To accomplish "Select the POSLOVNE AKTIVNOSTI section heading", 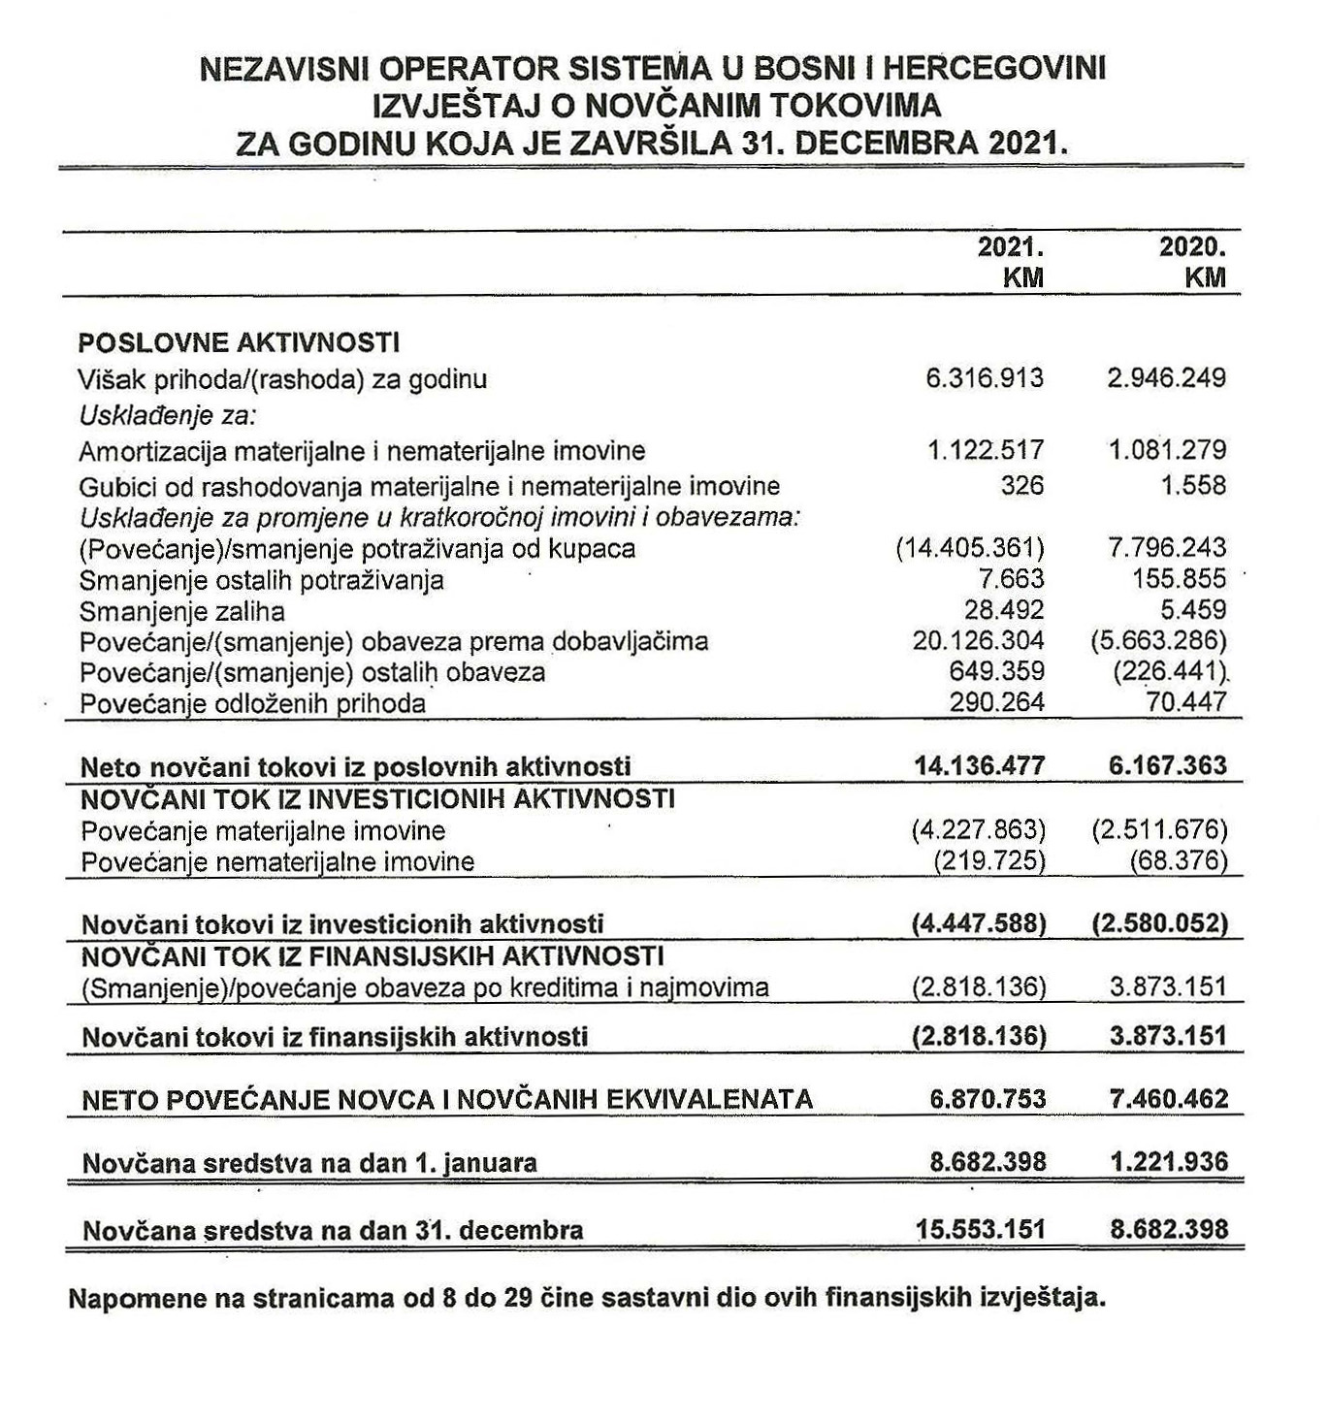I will (x=238, y=342).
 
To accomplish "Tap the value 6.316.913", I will (x=985, y=378).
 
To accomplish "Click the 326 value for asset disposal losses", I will (x=1022, y=484).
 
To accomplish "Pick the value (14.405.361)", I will (x=970, y=548).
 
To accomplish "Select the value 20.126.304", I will (x=978, y=641).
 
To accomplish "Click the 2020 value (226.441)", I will (x=1171, y=672).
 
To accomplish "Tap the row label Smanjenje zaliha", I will (x=182, y=612).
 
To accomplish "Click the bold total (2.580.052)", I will (x=1159, y=923).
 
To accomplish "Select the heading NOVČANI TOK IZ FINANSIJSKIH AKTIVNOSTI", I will (x=372, y=956).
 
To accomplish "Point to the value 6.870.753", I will (x=988, y=1099).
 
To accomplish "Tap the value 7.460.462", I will (x=1168, y=1099).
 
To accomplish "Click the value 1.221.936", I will (x=1168, y=1161).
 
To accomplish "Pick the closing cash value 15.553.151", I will (x=981, y=1230).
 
